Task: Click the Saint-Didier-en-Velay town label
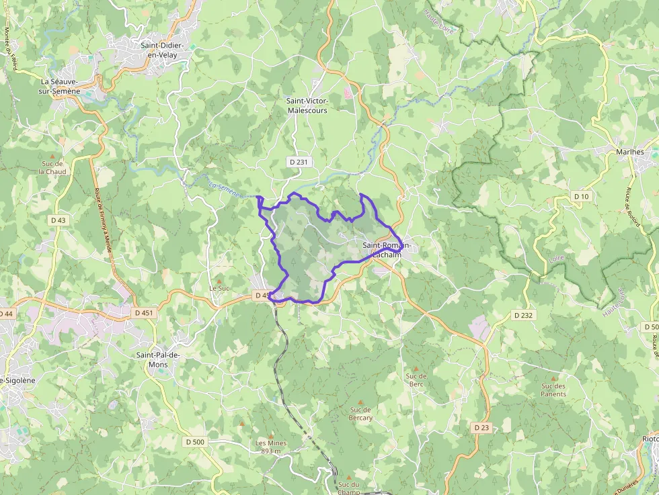click(x=163, y=50)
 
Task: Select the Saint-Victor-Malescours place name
click(x=307, y=105)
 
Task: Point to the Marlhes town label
click(x=630, y=152)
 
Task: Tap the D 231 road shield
click(x=298, y=161)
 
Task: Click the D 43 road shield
click(x=59, y=220)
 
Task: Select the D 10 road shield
click(x=581, y=196)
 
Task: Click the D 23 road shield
click(x=481, y=427)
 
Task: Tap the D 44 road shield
click(x=5, y=314)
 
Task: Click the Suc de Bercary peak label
click(x=360, y=414)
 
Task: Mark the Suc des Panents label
click(x=553, y=390)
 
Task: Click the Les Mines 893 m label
click(x=271, y=447)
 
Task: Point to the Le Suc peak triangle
click(x=219, y=281)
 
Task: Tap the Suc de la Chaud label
click(x=52, y=167)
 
